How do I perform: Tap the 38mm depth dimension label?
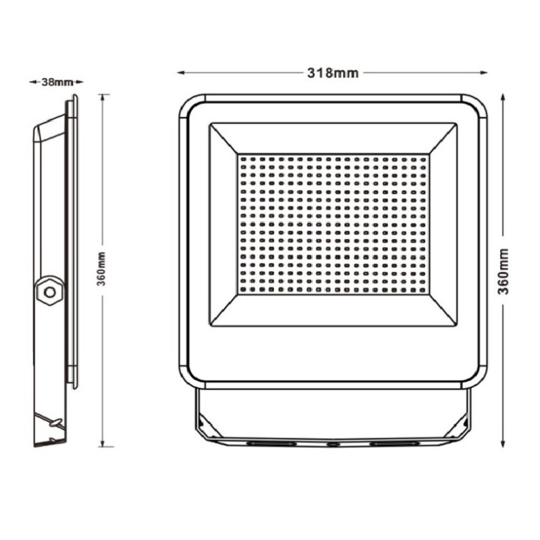click(x=57, y=82)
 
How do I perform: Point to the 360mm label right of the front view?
click(x=503, y=271)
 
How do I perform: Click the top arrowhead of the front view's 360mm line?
click(x=503, y=97)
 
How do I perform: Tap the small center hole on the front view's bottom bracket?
click(x=331, y=445)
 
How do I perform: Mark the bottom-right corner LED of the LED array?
click(x=423, y=290)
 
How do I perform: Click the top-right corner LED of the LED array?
click(x=423, y=159)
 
